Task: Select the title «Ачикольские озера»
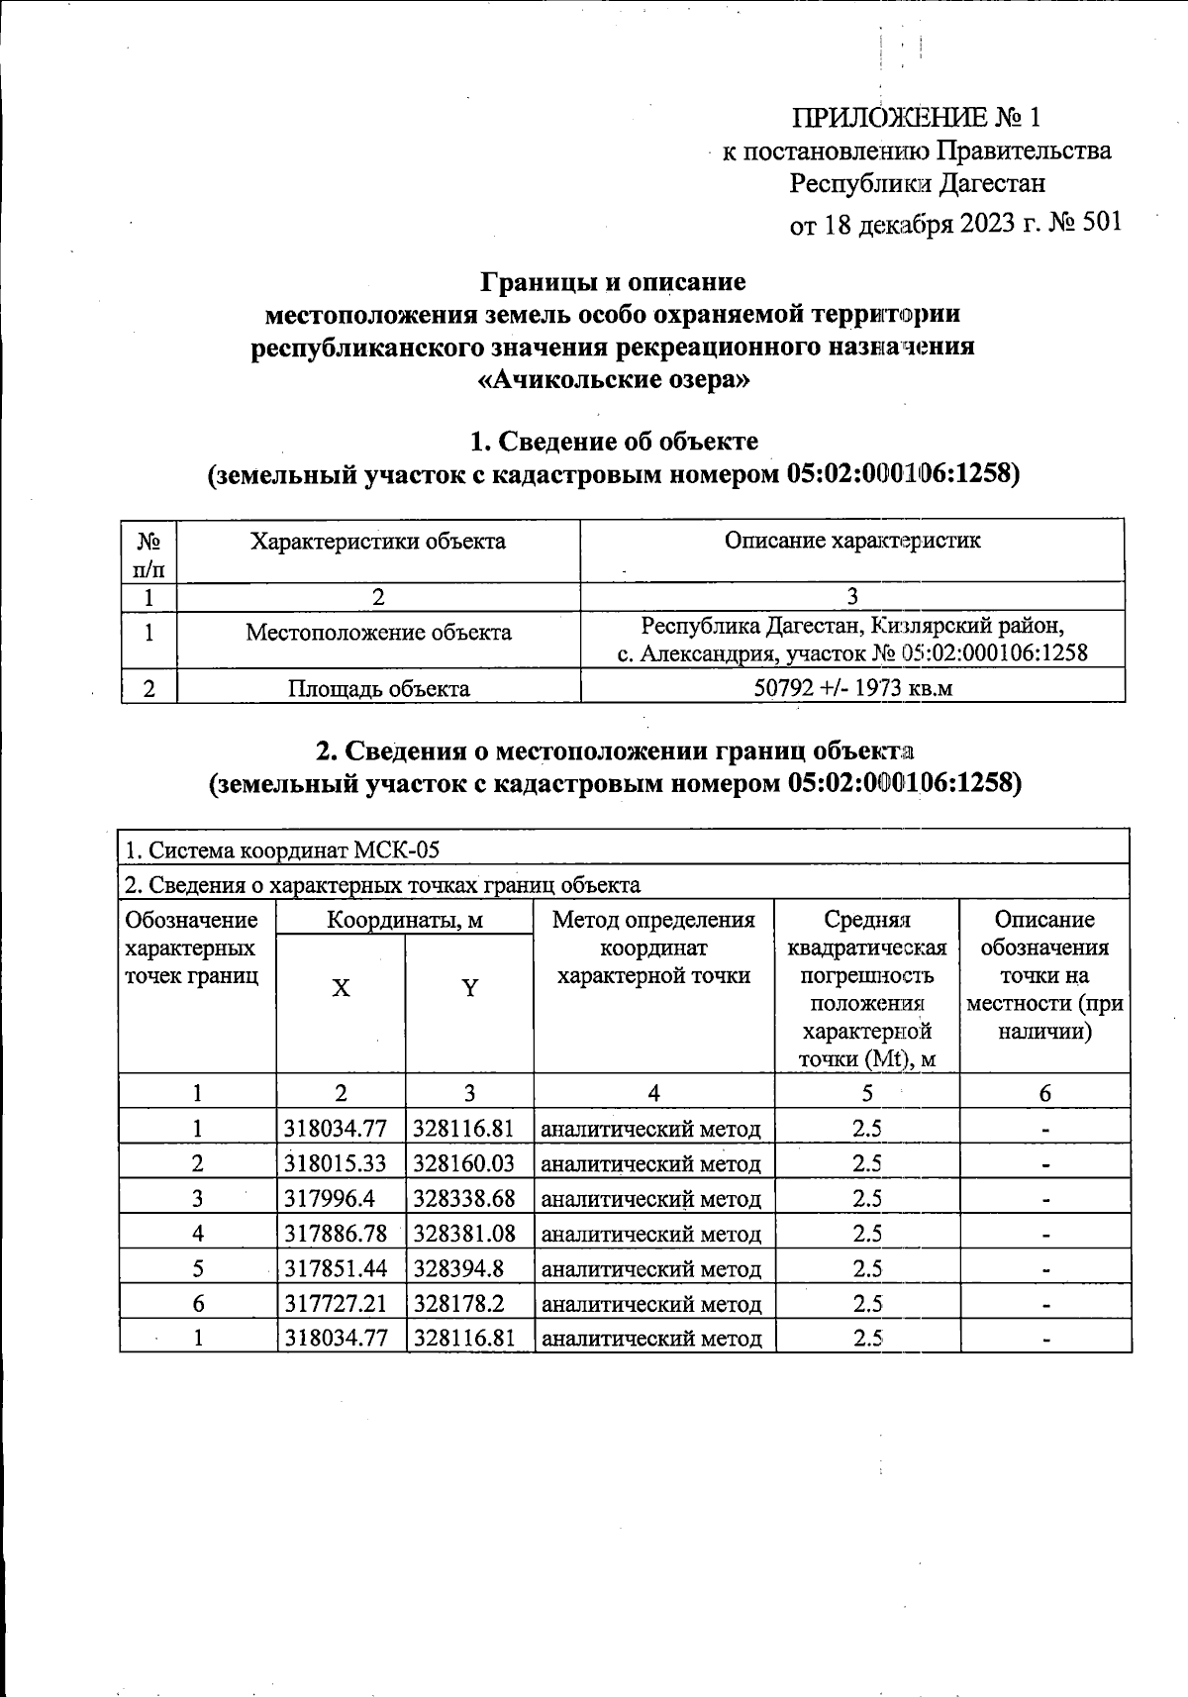[x=613, y=380]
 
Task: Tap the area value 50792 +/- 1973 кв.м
[x=852, y=688]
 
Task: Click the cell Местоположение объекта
[x=378, y=633]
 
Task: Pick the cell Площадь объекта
[x=378, y=688]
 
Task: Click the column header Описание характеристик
[x=852, y=541]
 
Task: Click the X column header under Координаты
[x=341, y=987]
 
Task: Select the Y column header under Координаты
[x=470, y=987]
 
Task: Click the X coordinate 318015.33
[x=335, y=1163]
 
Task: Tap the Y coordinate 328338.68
[x=464, y=1198]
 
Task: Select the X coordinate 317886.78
[x=335, y=1234]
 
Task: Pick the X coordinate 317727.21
[x=335, y=1304]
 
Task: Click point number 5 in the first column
[x=198, y=1268]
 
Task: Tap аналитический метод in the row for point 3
[x=652, y=1199]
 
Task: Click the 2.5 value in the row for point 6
[x=867, y=1304]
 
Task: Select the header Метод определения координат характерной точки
[x=653, y=948]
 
